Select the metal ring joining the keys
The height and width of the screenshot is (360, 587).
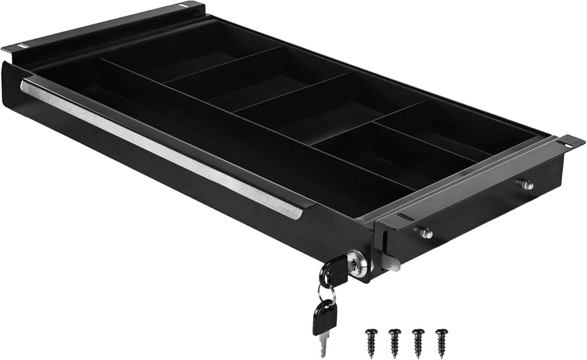[327, 294]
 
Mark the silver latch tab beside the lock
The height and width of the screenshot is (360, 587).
[391, 263]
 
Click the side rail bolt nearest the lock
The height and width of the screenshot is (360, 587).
[427, 233]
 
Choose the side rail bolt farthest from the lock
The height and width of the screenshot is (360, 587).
[526, 185]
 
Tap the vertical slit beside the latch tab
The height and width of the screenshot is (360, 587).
[385, 240]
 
